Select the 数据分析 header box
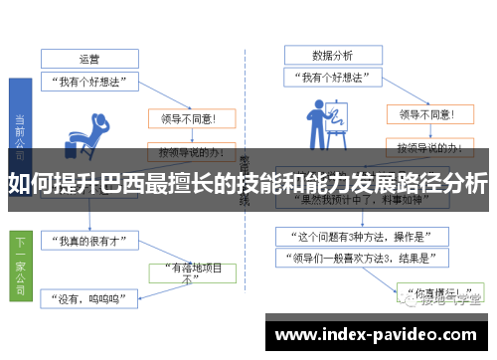331,55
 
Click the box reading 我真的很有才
88,242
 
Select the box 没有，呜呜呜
88,296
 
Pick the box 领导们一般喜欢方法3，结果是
359,259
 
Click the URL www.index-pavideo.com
380,335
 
